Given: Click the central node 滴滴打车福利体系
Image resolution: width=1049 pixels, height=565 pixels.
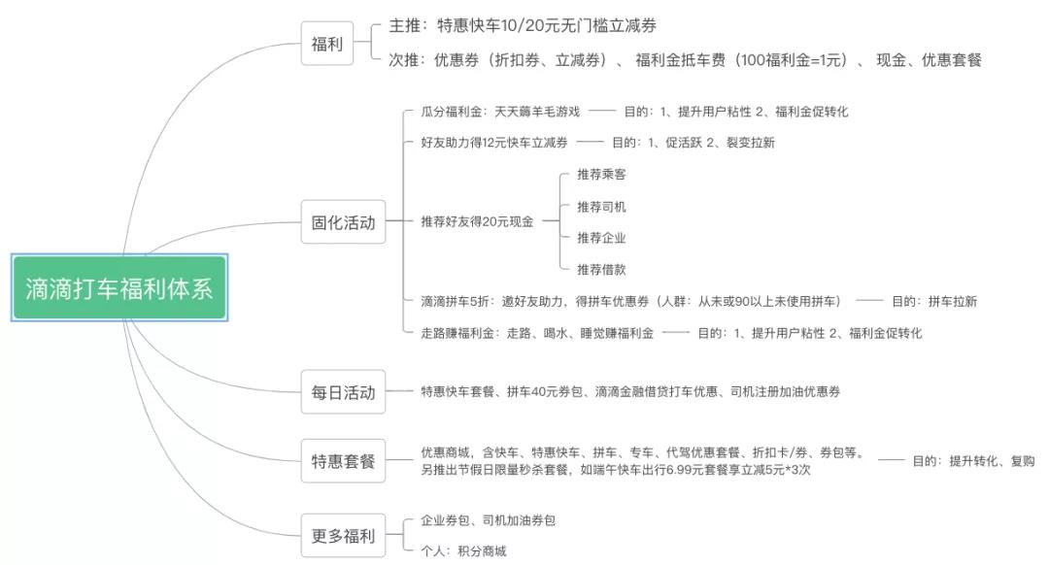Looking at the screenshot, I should pos(119,288).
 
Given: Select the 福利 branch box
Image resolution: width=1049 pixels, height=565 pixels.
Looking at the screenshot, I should pos(327,44).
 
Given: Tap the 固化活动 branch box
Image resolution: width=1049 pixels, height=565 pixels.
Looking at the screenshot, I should pos(343,221).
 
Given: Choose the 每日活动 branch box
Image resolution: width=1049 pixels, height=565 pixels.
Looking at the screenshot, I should pos(343,391).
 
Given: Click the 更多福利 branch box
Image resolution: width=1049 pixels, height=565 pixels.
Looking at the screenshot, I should pos(343,535).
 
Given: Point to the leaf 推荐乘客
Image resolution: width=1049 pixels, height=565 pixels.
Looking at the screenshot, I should pos(601,175).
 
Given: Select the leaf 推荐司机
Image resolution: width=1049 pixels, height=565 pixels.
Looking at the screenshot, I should pos(601,207).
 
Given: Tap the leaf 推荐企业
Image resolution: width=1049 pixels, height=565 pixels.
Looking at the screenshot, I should pos(601,238).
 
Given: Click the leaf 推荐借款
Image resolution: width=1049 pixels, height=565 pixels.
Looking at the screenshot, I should pos(601,270).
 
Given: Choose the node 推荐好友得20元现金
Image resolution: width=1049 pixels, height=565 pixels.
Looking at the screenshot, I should pos(477,221).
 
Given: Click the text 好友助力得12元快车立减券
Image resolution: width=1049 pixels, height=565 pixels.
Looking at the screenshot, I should pos(494,143).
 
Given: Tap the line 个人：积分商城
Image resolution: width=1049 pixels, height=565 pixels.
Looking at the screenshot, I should pos(463,551).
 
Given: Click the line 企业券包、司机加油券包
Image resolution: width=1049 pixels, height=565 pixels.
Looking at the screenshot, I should pos(488,520).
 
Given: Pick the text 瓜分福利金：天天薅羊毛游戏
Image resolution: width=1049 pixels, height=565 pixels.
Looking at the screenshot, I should pos(500,112).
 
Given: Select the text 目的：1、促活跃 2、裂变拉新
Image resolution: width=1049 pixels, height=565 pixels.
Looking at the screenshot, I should pos(693,143).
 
